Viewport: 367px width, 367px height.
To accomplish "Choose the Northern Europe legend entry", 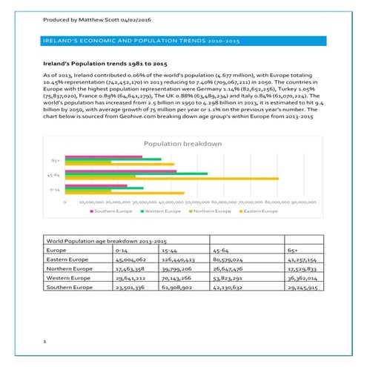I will (216, 211).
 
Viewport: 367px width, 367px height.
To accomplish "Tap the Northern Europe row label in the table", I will (67, 269).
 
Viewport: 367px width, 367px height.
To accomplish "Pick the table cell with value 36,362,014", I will (302, 277).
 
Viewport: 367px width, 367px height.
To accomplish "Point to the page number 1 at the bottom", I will (44, 342).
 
